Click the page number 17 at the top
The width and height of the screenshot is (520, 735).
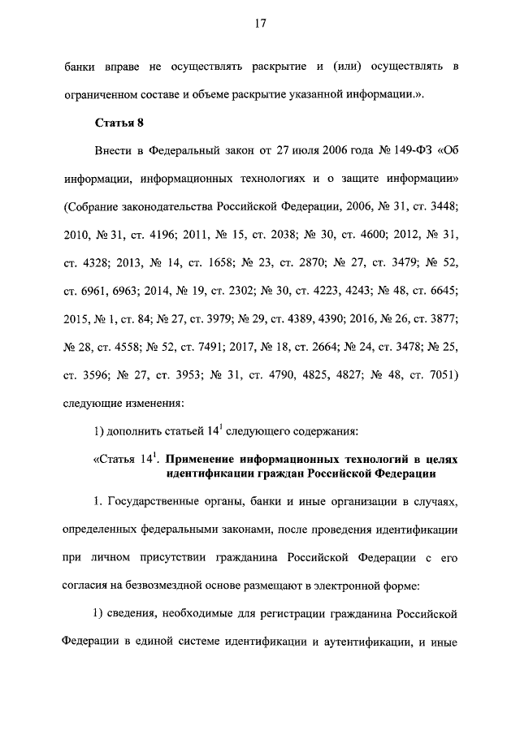click(260, 24)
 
